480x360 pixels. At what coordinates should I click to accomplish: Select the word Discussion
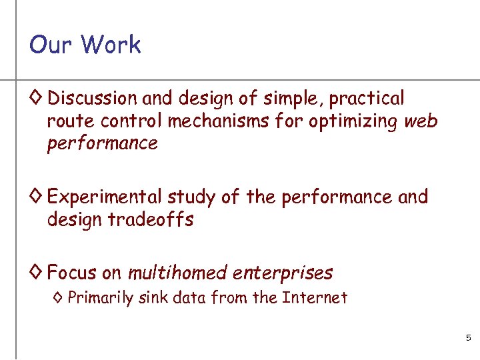tap(92, 99)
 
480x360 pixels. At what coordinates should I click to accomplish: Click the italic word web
tap(421, 121)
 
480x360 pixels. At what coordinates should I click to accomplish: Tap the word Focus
tap(71, 273)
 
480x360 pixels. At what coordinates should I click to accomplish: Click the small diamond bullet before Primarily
tap(58, 298)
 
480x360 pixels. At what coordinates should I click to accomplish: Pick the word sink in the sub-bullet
tap(153, 297)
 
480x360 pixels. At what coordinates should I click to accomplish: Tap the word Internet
tap(315, 297)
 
